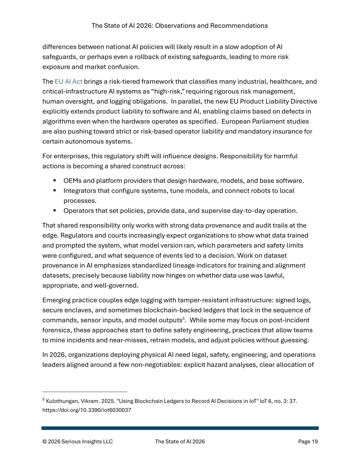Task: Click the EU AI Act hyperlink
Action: coord(68,82)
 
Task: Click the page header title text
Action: coord(180,26)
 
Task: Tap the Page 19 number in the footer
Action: coord(308,442)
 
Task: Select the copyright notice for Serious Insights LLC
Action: coord(77,442)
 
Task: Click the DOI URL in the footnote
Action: coord(87,410)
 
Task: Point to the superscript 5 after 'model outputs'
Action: coord(184,319)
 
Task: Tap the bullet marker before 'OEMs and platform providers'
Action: coord(54,181)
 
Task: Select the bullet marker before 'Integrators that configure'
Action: coord(54,191)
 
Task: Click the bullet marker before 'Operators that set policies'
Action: coord(54,211)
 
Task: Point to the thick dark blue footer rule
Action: coord(180,428)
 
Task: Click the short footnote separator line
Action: coord(85,392)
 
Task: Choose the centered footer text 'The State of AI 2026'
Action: coord(180,442)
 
